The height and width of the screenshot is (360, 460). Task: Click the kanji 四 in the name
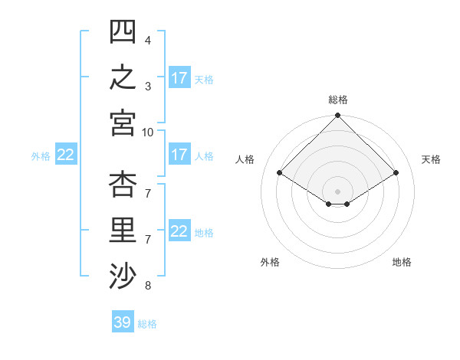tap(123, 31)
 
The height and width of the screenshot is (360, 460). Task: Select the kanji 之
tap(123, 77)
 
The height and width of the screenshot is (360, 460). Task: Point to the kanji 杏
tap(123, 184)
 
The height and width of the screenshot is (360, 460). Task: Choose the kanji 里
tap(123, 230)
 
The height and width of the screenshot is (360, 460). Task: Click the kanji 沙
tap(123, 276)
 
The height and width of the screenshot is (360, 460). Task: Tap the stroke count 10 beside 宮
tap(147, 133)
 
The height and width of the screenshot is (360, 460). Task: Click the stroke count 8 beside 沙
tap(148, 286)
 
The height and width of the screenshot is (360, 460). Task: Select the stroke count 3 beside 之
tap(148, 87)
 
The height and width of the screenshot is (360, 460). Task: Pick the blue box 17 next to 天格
tap(179, 77)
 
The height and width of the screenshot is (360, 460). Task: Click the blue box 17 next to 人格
tap(179, 154)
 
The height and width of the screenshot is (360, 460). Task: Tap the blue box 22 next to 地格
tap(179, 230)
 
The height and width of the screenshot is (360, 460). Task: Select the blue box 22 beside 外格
tap(66, 154)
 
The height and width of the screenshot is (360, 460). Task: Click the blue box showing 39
tap(123, 321)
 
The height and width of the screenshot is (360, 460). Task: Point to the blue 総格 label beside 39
tap(147, 324)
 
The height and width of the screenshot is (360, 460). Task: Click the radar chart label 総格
tap(338, 100)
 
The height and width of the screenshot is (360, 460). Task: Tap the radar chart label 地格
tap(402, 262)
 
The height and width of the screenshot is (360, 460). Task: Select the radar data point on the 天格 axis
tap(396, 172)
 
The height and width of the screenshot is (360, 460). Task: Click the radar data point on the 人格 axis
tap(280, 172)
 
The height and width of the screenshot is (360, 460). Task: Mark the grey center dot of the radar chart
tap(337, 191)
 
